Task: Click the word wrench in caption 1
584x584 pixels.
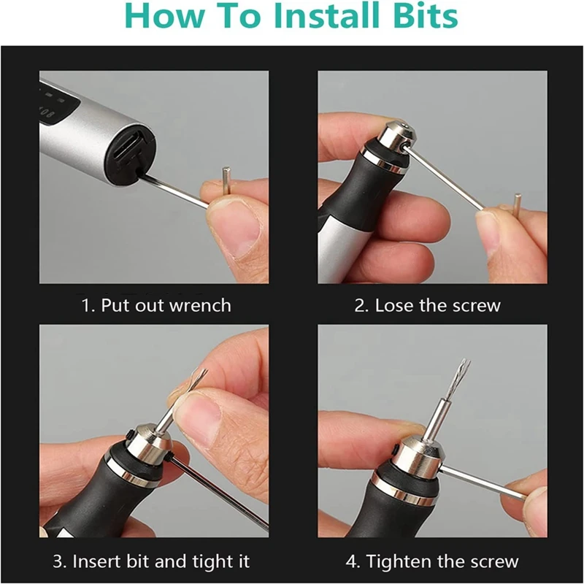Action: coord(200,305)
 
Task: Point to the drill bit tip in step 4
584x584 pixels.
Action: coord(465,363)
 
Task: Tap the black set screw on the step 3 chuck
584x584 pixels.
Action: coord(131,435)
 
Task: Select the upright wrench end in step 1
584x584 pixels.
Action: coord(226,180)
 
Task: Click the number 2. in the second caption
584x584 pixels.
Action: coord(361,306)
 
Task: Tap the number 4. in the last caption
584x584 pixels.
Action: coord(353,561)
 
